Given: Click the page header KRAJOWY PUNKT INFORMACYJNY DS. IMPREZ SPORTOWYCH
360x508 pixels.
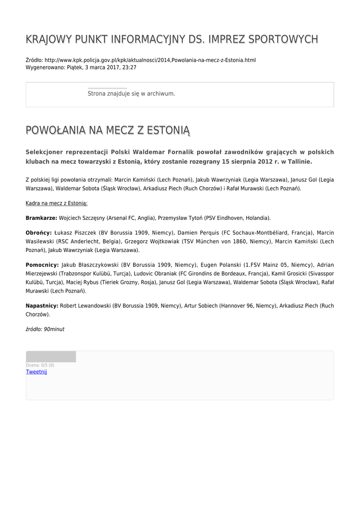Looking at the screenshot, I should (172, 39).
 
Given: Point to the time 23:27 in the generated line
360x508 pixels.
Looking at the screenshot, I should (129, 67).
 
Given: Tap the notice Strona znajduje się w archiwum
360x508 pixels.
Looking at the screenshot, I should (131, 93).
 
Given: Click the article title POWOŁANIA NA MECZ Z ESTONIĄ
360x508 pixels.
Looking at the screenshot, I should (108, 130).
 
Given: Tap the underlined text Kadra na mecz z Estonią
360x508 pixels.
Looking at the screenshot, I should (57, 203).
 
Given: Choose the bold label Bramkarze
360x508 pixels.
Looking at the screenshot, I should (41, 218).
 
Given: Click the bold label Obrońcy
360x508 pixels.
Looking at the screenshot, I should (39, 233).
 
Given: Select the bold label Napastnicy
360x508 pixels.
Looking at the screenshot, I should (42, 306).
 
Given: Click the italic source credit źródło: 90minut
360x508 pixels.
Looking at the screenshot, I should (45, 329).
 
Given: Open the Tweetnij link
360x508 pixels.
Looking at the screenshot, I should (36, 372).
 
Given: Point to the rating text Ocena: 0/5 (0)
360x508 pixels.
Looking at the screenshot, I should (40, 365).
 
